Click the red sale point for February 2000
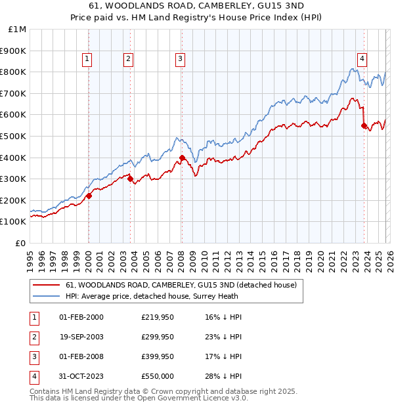(89, 195)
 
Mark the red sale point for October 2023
(364, 125)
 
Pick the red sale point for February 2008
(182, 158)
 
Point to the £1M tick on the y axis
(17, 30)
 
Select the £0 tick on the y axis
(20, 243)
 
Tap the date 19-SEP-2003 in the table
(81, 337)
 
